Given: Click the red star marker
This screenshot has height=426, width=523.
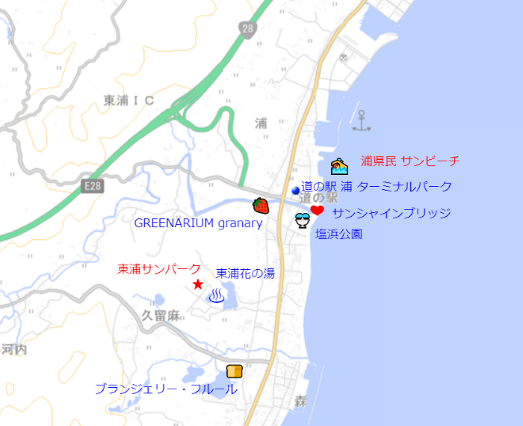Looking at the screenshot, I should click(x=198, y=285).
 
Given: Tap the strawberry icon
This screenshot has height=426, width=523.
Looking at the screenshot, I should click(x=261, y=205).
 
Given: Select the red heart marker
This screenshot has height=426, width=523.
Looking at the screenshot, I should click(x=318, y=212).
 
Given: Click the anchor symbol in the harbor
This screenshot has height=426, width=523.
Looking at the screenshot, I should click(x=362, y=120).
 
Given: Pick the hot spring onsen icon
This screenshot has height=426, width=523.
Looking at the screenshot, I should click(x=217, y=297).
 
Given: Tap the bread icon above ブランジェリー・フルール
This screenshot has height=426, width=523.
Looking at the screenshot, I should click(x=235, y=371).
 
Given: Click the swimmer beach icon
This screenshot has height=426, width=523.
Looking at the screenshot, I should click(x=339, y=166).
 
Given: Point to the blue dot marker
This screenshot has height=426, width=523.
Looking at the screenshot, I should click(x=295, y=191).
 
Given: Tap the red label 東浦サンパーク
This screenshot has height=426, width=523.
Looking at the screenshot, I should click(x=159, y=269).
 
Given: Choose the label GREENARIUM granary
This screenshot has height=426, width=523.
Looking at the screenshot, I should click(x=198, y=223).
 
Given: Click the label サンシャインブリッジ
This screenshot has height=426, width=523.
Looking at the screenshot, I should click(x=392, y=213).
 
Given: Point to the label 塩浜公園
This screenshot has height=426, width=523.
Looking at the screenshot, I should click(x=338, y=234).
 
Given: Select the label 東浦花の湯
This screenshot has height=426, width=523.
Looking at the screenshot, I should click(x=245, y=274).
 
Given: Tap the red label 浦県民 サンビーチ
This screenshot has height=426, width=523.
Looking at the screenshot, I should click(x=409, y=161).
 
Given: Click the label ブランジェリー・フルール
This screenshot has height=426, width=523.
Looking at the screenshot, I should click(x=166, y=389).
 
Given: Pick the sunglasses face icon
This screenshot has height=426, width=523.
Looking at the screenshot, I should click(x=303, y=220).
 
